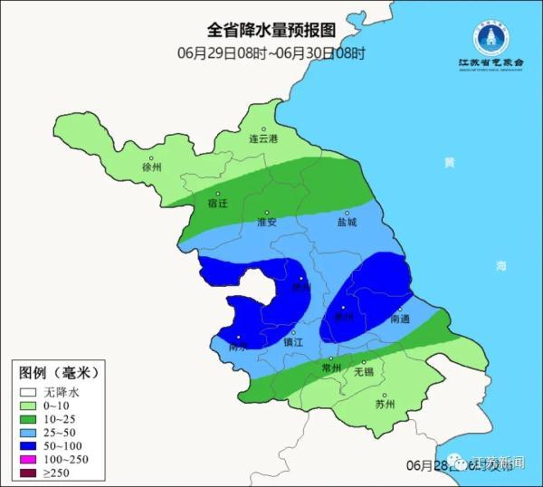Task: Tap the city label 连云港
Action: click(264, 139)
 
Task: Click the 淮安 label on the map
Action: click(266, 222)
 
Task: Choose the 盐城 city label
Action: click(347, 222)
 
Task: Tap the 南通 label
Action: click(400, 320)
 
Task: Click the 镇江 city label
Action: click(293, 343)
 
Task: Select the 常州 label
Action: click(331, 370)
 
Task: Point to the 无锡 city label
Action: click(363, 371)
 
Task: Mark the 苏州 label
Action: click(385, 405)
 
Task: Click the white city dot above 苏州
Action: click(386, 394)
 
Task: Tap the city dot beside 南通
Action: click(399, 309)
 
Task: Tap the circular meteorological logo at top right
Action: click(494, 37)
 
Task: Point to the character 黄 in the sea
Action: click(450, 163)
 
